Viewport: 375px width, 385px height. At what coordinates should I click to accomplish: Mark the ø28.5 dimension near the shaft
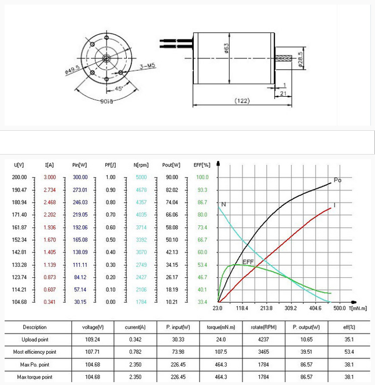(x=300, y=61)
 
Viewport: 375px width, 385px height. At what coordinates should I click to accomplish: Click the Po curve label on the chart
(x=338, y=180)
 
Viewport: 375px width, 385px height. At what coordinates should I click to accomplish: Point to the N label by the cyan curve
(x=223, y=204)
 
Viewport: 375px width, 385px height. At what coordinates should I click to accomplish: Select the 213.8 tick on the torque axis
(x=266, y=309)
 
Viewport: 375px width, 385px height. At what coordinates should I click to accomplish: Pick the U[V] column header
(x=19, y=165)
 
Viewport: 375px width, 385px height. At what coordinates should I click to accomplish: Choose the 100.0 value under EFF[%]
(x=203, y=177)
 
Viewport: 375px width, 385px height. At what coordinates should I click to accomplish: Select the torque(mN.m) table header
(x=214, y=327)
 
